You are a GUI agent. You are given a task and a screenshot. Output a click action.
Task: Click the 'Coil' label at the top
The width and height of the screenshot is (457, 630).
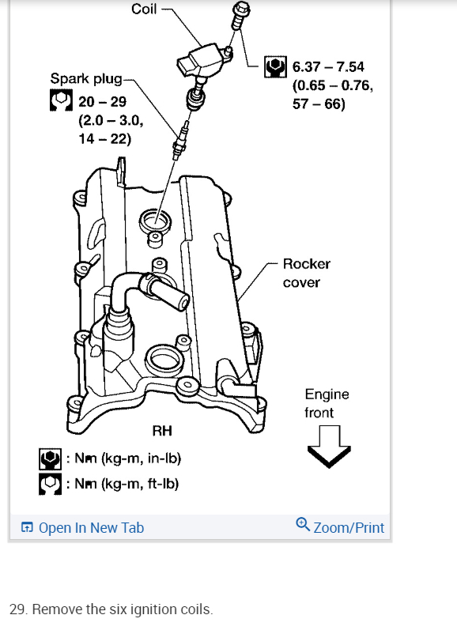pyautogui.click(x=144, y=9)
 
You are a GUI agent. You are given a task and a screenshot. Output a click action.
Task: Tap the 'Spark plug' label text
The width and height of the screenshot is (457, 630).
pyautogui.click(x=85, y=78)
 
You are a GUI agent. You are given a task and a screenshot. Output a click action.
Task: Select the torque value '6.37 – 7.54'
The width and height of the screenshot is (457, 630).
pyautogui.click(x=328, y=67)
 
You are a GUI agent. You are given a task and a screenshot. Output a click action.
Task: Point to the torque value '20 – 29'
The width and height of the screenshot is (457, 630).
pyautogui.click(x=102, y=103)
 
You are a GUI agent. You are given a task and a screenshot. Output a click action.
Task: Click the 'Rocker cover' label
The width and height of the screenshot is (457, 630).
pyautogui.click(x=307, y=273)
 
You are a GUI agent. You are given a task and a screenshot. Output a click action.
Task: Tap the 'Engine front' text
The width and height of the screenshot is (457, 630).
pyautogui.click(x=327, y=403)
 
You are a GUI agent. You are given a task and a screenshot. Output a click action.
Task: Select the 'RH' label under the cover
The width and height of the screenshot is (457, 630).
pyautogui.click(x=162, y=431)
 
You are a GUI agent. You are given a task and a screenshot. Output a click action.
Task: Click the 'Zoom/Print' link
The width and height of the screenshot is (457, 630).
pyautogui.click(x=349, y=527)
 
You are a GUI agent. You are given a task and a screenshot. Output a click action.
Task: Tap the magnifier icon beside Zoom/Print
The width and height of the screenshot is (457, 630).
pyautogui.click(x=302, y=526)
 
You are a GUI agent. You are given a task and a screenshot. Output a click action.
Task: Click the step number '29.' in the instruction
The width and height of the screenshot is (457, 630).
pyautogui.click(x=18, y=609)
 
